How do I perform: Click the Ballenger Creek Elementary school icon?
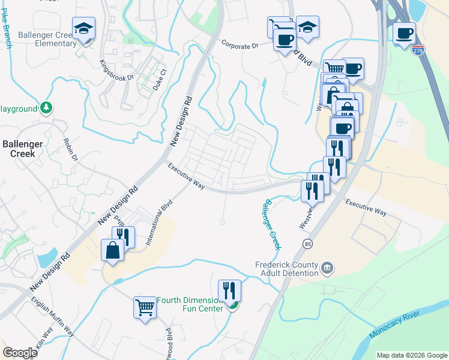click(84, 28)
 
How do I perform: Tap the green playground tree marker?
click(46, 108)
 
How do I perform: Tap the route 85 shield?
click(308, 244)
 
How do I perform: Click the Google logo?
click(20, 353)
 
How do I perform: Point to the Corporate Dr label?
click(239, 44)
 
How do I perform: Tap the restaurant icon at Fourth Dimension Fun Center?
click(229, 291)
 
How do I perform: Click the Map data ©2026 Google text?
click(412, 355)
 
